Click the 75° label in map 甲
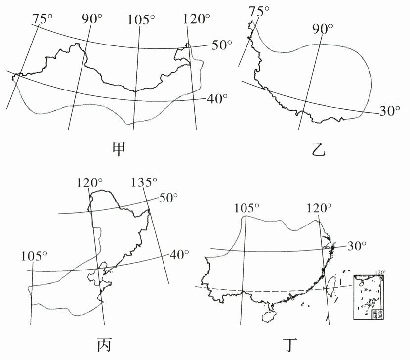[42, 19]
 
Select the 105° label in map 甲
[141, 19]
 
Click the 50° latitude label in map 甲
[222, 45]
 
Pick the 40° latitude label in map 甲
[217, 98]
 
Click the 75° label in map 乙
[260, 10]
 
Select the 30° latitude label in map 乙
[389, 111]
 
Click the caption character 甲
[120, 148]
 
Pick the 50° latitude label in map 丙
[169, 198]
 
